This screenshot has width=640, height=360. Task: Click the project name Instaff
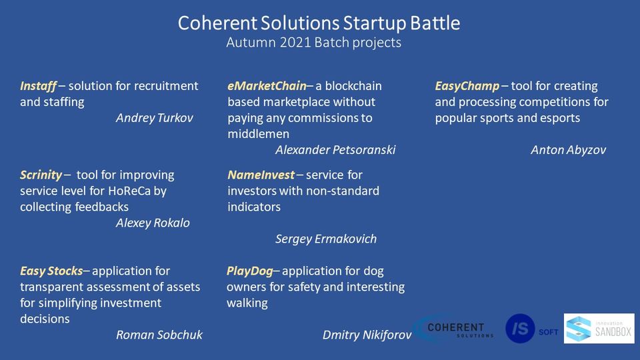pos(39,86)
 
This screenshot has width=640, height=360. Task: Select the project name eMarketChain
pos(267,86)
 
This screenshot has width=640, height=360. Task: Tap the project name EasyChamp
pos(467,87)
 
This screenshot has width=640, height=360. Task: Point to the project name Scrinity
pos(41,175)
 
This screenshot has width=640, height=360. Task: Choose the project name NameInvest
pos(261,175)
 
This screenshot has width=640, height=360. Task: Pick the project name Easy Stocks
pos(51,271)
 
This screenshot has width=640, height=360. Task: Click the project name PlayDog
pos(250,271)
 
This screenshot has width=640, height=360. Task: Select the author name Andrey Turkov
pos(154,119)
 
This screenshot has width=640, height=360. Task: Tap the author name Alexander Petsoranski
pos(335,150)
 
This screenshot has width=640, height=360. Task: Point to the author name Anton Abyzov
pos(568,150)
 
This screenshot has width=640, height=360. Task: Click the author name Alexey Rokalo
pos(153,223)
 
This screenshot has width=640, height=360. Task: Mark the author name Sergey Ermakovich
pos(326,239)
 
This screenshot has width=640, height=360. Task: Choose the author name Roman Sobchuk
pos(159,335)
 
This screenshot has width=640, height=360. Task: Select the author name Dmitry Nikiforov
pos(367,335)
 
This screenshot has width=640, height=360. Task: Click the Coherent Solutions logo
pos(454,329)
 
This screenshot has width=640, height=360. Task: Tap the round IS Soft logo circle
pos(520,329)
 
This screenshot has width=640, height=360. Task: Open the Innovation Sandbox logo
pos(599,329)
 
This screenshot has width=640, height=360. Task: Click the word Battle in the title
pos(435,23)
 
